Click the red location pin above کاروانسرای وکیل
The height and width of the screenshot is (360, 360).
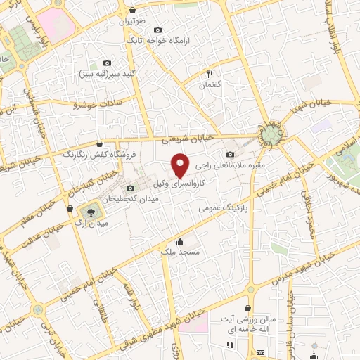pos(181,165)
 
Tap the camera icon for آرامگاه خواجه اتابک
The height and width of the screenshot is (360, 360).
pos(157,30)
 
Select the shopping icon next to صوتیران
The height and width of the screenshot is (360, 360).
pos(133,11)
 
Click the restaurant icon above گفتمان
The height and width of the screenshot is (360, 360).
pos(209,73)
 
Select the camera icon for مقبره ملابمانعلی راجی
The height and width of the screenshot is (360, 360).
pos(230,155)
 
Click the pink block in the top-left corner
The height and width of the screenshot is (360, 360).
pos(56,23)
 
